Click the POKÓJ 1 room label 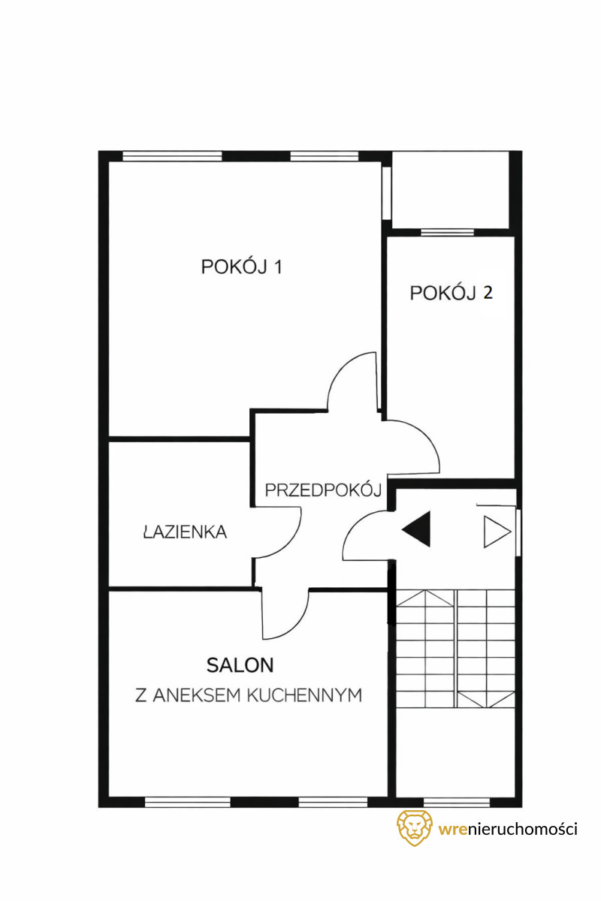click(241, 267)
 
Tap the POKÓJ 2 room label click(451, 293)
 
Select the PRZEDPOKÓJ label click(323, 490)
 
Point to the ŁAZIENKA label click(185, 532)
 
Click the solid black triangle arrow click(416, 529)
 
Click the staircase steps click(455, 649)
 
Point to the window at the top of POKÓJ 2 click(447, 232)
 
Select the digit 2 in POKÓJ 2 click(488, 293)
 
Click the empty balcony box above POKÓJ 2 click(451, 190)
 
